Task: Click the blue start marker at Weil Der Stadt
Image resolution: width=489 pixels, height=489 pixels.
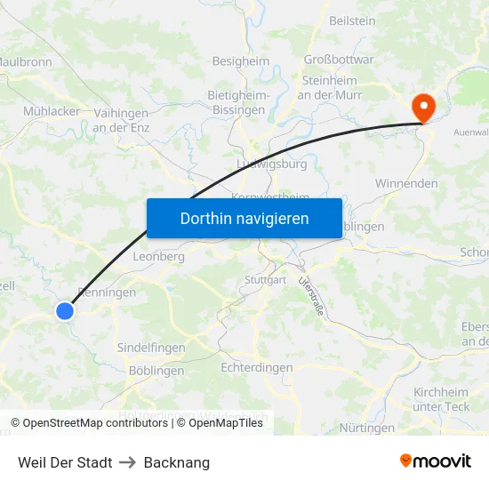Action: tap(65, 310)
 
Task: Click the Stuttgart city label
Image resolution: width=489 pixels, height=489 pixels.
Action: tap(265, 280)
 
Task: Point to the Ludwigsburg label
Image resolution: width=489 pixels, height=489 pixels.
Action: tap(272, 164)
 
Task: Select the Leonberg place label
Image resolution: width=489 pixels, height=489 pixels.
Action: tap(157, 256)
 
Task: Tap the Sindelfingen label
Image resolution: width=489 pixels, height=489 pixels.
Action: tap(151, 348)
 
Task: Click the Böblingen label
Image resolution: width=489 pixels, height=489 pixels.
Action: tap(156, 371)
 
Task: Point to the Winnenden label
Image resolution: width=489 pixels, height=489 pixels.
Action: tap(406, 183)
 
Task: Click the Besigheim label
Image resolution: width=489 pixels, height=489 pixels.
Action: tap(240, 61)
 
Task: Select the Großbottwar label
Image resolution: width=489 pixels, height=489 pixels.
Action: tap(339, 60)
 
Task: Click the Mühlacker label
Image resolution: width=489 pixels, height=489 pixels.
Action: tap(52, 111)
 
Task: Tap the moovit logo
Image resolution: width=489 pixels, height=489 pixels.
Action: tap(436, 461)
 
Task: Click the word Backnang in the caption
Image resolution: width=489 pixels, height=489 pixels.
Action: tap(176, 462)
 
